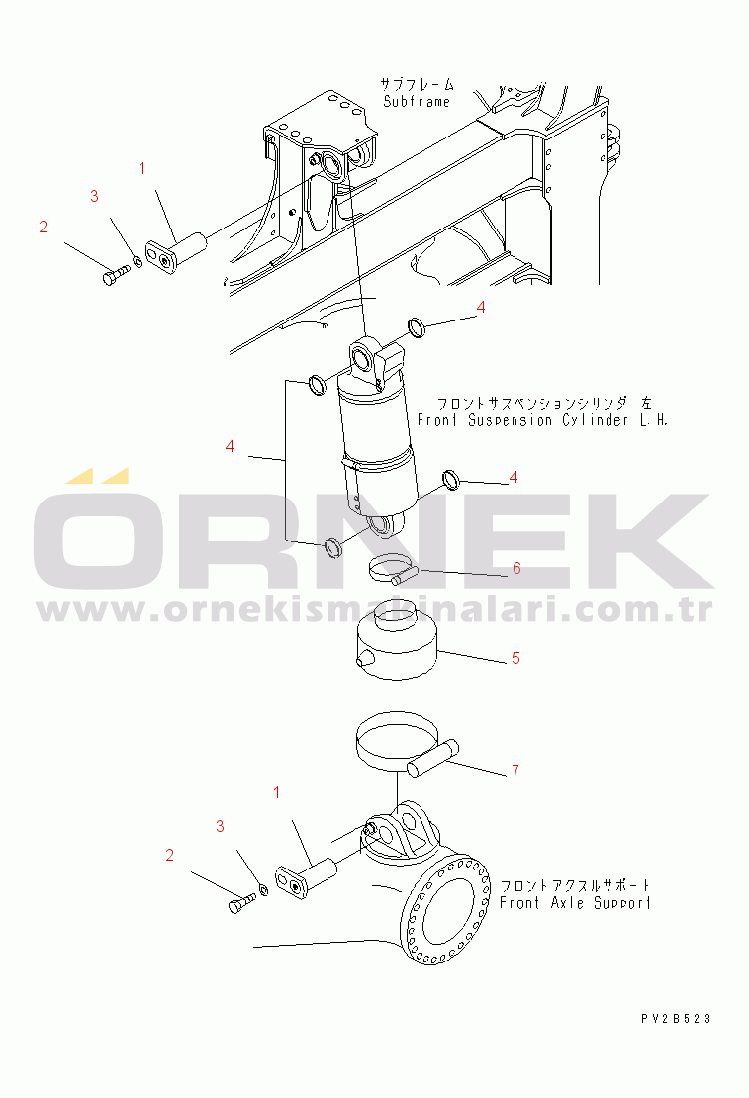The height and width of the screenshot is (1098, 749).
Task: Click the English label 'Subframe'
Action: (417, 102)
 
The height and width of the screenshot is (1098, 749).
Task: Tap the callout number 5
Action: (515, 658)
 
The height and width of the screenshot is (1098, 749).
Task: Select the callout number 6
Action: (516, 568)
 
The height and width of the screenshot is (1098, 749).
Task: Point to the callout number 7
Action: (515, 771)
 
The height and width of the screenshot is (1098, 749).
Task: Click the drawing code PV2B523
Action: (676, 1019)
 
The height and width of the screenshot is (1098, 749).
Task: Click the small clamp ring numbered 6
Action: (392, 569)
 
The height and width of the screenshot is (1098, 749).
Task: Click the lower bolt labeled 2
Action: (242, 902)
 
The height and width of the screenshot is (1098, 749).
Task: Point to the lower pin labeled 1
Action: (306, 878)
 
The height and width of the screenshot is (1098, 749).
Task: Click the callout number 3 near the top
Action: (94, 196)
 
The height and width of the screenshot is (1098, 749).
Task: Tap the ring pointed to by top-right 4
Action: (416, 326)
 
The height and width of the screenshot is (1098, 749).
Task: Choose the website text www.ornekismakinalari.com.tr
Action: (375, 610)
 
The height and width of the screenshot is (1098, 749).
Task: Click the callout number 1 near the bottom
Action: (277, 792)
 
